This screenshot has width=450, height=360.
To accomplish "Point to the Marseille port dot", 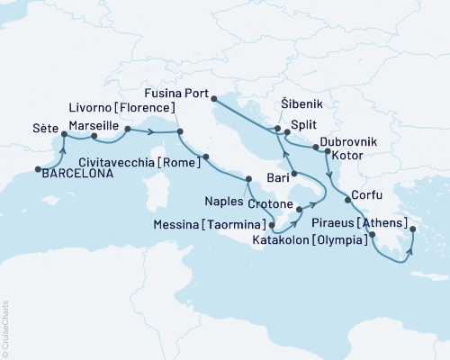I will (94, 137).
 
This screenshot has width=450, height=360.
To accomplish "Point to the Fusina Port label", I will (178, 92).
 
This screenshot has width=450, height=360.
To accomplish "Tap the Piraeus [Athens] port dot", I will (370, 237).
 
